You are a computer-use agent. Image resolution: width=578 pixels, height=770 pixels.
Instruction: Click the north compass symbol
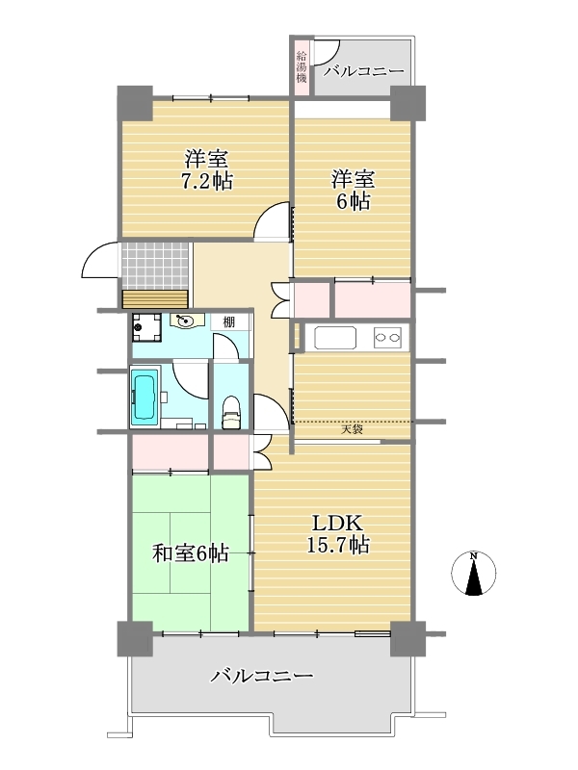(473, 574)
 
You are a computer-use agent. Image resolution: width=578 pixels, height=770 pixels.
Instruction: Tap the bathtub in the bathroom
(144, 397)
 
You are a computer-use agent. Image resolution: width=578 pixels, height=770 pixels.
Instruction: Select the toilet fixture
(231, 413)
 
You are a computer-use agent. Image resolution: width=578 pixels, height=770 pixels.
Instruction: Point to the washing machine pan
(146, 328)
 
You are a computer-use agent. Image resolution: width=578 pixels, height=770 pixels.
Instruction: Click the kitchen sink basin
(335, 338)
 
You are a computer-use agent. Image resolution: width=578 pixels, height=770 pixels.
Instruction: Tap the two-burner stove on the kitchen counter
(387, 338)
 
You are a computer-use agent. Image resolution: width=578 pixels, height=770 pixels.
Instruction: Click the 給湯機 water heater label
(302, 66)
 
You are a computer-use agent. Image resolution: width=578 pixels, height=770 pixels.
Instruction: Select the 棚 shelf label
(228, 322)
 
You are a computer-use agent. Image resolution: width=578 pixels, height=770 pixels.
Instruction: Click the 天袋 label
(352, 429)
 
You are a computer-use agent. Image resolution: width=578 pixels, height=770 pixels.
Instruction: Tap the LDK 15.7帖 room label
(338, 534)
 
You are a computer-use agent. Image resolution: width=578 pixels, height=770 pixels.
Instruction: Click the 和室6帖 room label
(190, 554)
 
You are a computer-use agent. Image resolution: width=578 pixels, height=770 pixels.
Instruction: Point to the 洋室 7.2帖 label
(207, 170)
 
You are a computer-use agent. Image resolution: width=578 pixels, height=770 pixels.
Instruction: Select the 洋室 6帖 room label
(353, 190)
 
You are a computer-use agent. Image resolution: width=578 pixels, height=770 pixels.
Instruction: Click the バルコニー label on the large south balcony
(262, 677)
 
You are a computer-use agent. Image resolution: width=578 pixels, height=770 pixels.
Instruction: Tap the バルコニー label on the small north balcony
(364, 71)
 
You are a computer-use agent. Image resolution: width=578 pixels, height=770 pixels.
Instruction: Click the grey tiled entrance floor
(155, 266)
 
